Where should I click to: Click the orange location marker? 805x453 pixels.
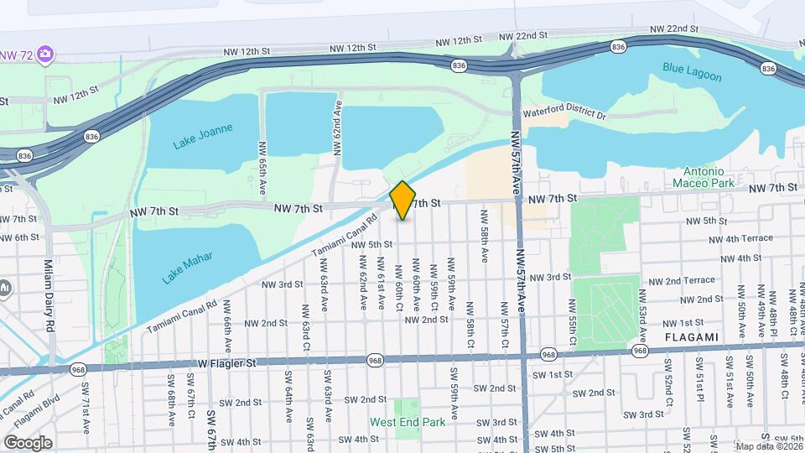(402, 200)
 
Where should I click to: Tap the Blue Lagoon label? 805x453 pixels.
(692, 72)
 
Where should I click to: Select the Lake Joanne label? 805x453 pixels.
(202, 136)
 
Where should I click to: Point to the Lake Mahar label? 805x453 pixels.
(189, 268)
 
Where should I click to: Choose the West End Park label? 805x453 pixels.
(408, 422)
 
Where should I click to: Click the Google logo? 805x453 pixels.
(28, 442)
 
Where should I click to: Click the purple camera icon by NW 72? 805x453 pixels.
(45, 55)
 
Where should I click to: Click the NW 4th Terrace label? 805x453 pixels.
(739, 238)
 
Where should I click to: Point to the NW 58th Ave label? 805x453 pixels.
(484, 236)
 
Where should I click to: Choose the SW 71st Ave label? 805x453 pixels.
(86, 408)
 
